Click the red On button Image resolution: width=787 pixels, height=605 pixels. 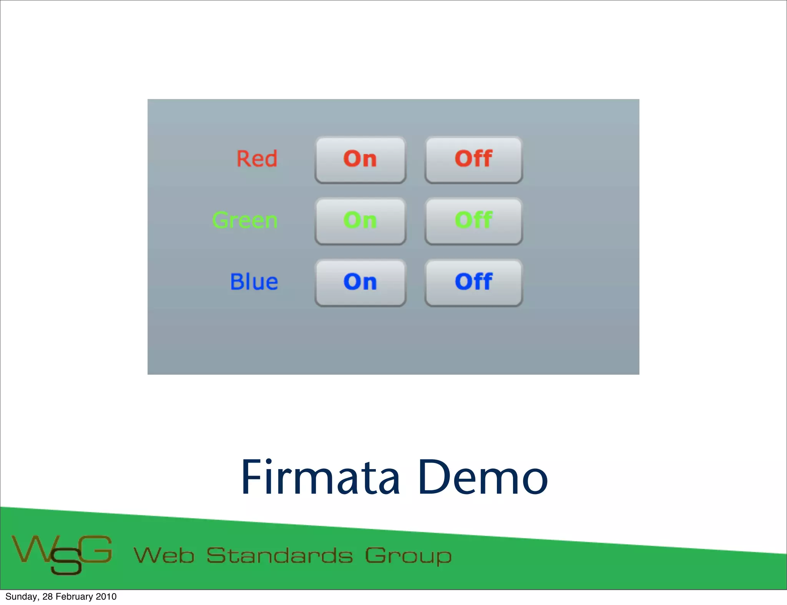[x=360, y=160]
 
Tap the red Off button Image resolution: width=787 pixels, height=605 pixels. [x=473, y=160]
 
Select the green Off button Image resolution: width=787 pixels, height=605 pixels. [x=473, y=221]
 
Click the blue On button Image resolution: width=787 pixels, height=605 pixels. [x=360, y=283]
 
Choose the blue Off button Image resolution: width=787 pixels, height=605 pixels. [x=473, y=283]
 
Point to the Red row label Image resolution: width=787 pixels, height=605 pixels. [x=257, y=159]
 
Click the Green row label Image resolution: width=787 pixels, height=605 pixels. [x=245, y=220]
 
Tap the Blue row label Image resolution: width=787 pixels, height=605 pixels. [x=254, y=282]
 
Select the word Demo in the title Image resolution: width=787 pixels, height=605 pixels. [x=483, y=478]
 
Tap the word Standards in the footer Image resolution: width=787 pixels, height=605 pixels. [x=279, y=555]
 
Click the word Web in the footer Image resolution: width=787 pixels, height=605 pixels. [x=164, y=555]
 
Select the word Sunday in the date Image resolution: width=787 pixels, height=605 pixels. [x=22, y=597]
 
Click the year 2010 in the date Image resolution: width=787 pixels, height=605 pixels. [x=106, y=597]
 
